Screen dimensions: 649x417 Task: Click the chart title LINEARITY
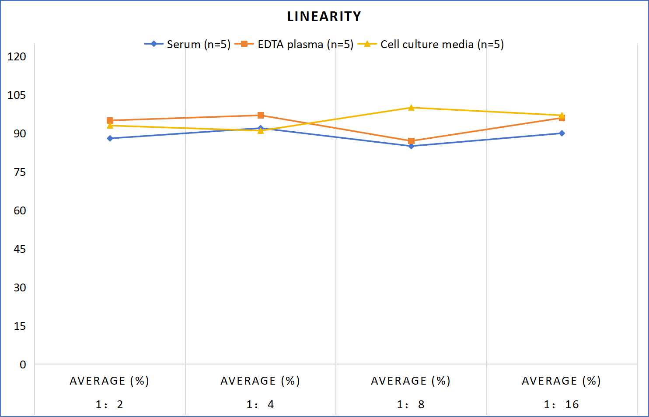324,16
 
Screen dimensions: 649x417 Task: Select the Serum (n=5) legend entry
187,44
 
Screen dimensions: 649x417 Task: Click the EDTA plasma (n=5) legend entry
294,44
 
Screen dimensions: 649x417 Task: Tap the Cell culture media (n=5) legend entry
431,44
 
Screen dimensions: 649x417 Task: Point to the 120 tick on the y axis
17,56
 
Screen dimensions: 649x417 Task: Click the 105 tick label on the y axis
17,95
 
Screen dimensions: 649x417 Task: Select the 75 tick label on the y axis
20,172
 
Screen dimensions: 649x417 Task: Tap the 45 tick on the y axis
20,249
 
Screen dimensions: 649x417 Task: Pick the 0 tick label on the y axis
23,364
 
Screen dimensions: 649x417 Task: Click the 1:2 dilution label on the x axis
109,404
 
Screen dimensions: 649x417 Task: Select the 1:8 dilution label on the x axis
411,404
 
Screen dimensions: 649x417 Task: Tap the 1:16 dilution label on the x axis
562,404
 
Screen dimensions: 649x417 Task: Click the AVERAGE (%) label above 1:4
260,381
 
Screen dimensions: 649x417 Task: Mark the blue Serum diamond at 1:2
110,138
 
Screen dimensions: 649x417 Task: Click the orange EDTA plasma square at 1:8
411,141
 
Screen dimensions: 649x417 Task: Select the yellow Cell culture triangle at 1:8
411,108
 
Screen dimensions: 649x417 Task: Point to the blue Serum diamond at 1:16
562,133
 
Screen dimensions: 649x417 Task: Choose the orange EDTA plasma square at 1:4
261,116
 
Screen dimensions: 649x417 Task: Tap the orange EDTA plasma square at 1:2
110,120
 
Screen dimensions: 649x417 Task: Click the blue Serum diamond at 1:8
411,146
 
